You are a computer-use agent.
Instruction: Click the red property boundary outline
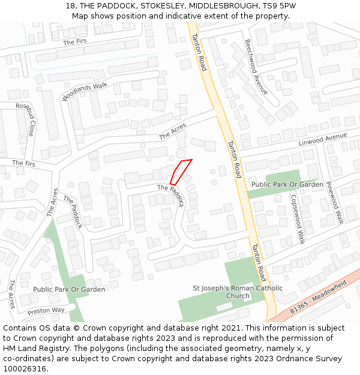(x=181, y=172)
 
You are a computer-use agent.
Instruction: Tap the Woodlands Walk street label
(x=85, y=92)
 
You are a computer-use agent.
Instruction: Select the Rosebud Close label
(x=26, y=119)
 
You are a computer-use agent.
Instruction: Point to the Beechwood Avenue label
(x=256, y=67)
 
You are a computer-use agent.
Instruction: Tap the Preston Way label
(x=46, y=311)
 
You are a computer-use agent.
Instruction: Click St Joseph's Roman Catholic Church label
(x=238, y=292)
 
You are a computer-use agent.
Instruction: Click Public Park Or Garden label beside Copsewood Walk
(x=287, y=184)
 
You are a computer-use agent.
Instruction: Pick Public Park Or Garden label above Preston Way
(x=69, y=289)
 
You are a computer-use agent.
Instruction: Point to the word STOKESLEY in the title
(x=162, y=6)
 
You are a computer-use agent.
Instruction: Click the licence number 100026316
(x=25, y=368)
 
